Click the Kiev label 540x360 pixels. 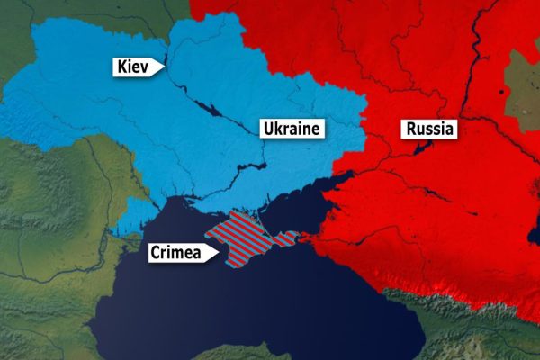coord(135,67)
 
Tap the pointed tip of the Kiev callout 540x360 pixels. coord(165,67)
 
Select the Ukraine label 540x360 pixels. coord(291,129)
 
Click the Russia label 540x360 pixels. coord(430,129)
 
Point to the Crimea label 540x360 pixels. coord(175,253)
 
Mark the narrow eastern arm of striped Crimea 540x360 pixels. coord(285,238)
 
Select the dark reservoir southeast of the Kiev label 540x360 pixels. coord(212,109)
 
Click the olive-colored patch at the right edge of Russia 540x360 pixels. coord(522,85)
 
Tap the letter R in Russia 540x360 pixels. coord(411,129)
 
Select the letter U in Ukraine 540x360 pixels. coord(267,129)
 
